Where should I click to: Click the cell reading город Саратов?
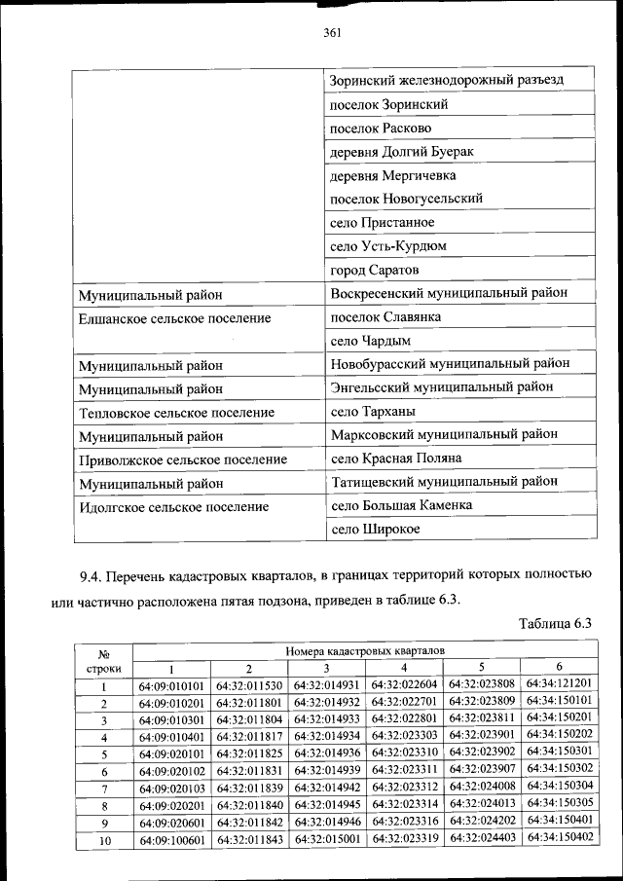[x=375, y=269]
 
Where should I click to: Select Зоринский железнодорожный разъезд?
[x=447, y=80]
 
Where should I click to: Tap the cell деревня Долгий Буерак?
[x=402, y=152]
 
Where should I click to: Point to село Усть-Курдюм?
[x=388, y=245]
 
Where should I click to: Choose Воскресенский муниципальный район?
[x=449, y=292]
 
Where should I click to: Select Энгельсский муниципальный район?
[x=443, y=387]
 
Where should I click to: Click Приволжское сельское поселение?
[x=183, y=459]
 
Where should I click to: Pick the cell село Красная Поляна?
[x=396, y=459]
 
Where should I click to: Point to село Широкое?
[x=376, y=529]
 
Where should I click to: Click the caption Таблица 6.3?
[x=555, y=624]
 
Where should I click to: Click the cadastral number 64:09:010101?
[x=170, y=685]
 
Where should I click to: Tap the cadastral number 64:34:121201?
[x=559, y=683]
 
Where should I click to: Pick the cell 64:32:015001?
[x=326, y=840]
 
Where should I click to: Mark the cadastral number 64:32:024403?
[x=482, y=839]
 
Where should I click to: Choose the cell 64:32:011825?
[x=248, y=753]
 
